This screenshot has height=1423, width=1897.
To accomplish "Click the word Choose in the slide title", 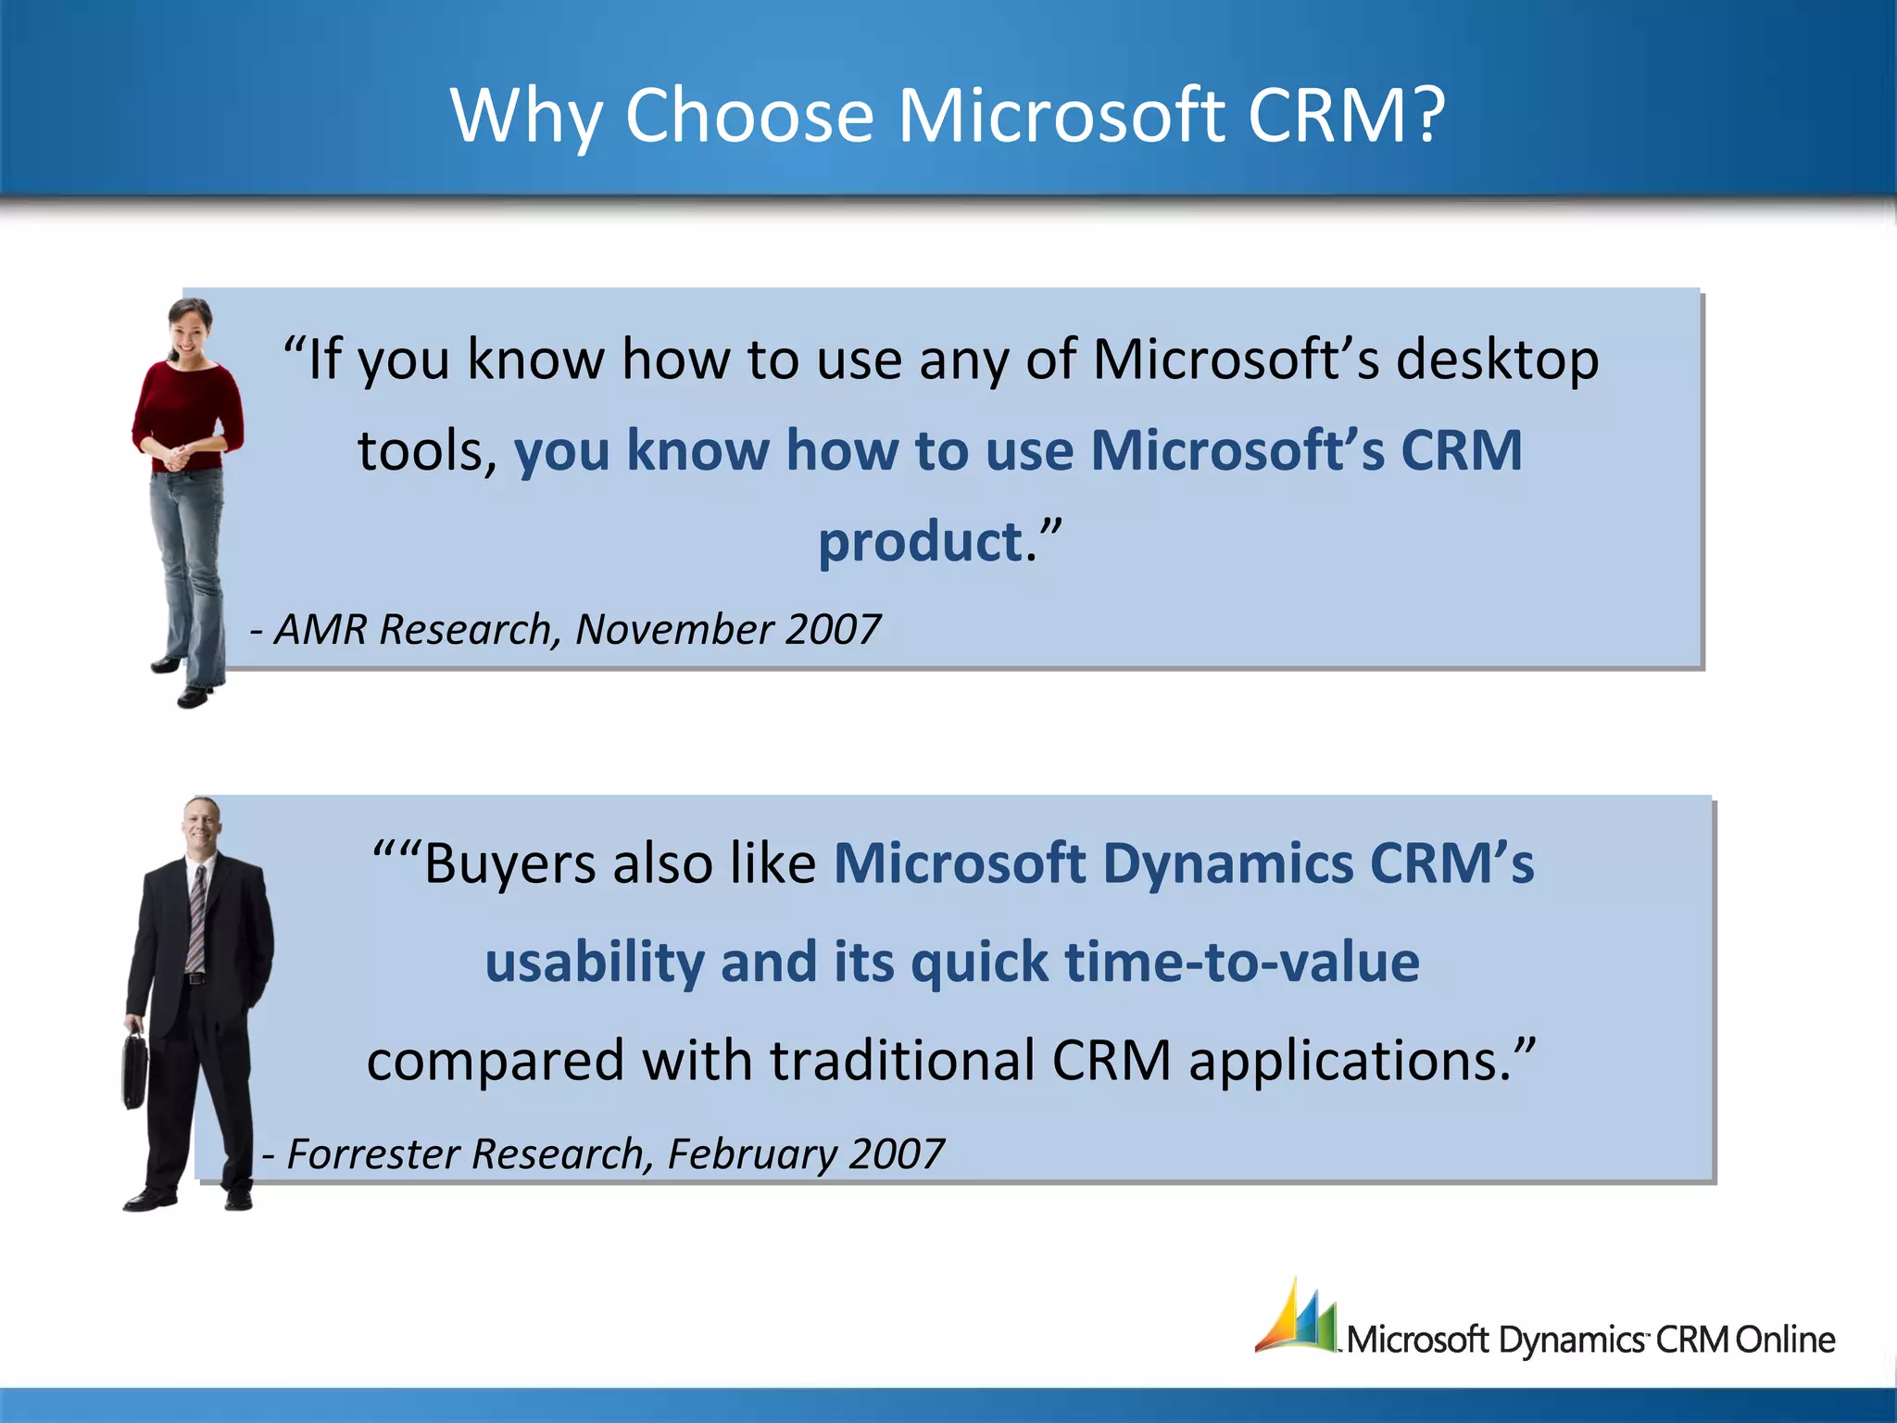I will (x=748, y=116).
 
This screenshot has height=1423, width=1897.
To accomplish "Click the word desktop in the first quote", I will (x=1497, y=359).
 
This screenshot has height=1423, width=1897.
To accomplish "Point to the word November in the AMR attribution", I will (x=674, y=630).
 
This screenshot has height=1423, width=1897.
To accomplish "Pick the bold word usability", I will (x=595, y=962).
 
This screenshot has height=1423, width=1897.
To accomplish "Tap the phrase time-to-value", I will (x=1242, y=962).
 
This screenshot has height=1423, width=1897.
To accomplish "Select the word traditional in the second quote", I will (x=901, y=1061).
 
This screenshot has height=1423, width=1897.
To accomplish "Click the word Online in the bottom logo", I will (x=1784, y=1340).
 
